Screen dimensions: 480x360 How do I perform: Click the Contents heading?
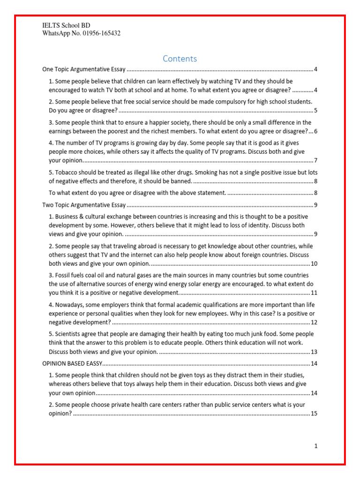coord(180,59)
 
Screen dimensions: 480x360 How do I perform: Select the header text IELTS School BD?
coord(66,25)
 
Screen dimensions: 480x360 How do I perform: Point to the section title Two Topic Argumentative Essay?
coord(84,205)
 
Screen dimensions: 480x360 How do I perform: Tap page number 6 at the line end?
coord(316,131)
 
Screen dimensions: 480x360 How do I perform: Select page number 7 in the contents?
coord(316,160)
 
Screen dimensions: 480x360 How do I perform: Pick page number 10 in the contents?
coord(314,263)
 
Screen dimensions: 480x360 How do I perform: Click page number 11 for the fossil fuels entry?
coord(314,293)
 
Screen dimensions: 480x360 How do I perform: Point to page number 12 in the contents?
coord(314,322)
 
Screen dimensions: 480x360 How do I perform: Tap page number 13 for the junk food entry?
coord(314,352)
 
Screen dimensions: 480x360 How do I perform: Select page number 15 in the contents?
coord(314,413)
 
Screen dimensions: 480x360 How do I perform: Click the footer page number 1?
coord(316,446)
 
